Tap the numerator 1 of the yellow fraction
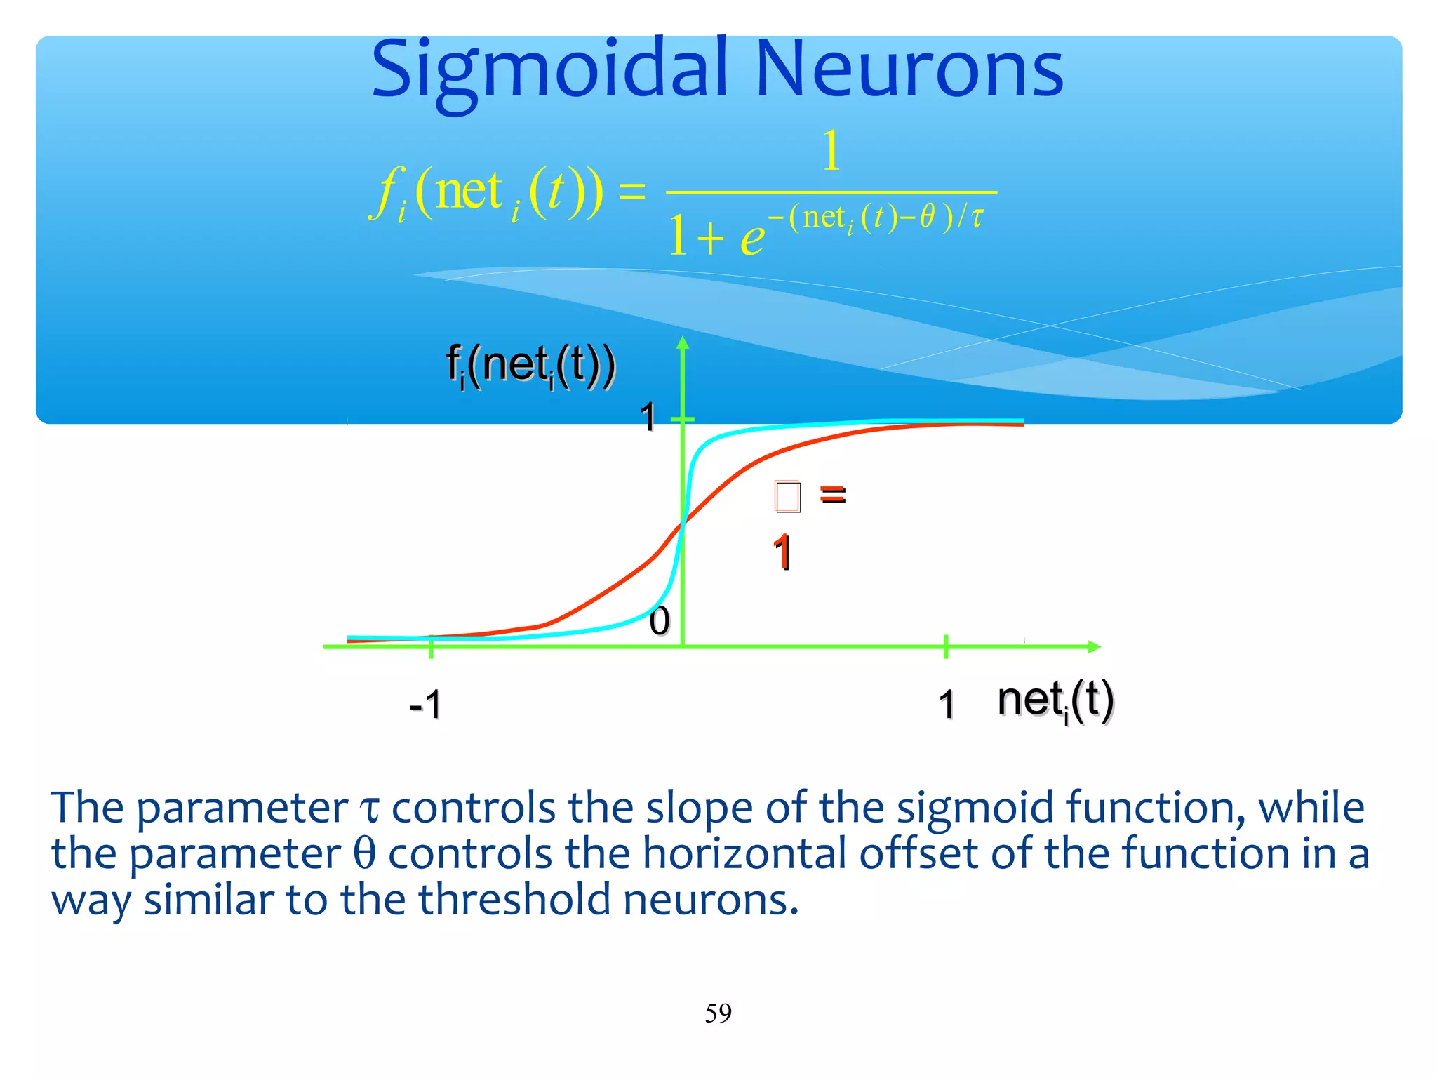(831, 150)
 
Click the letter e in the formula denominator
(752, 239)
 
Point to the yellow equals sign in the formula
(631, 191)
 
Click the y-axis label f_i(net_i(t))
(531, 365)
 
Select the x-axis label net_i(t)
(1055, 700)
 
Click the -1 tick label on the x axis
(426, 704)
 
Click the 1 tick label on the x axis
(947, 704)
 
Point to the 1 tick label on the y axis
(648, 418)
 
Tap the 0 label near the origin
(659, 621)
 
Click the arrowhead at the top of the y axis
(683, 342)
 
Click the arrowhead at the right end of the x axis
(1094, 646)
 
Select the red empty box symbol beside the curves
(787, 496)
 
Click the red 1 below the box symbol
(782, 552)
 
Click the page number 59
(718, 1013)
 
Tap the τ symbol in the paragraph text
(369, 809)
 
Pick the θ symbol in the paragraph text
(364, 854)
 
